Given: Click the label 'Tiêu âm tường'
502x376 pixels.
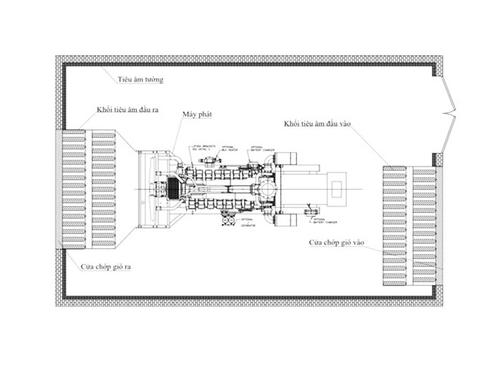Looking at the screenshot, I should click(x=141, y=80).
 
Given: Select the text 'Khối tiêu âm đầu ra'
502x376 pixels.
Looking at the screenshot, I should click(x=127, y=110).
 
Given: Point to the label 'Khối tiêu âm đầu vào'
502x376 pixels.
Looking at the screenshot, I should click(x=318, y=125).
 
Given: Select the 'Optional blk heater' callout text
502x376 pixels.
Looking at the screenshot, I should click(x=232, y=149).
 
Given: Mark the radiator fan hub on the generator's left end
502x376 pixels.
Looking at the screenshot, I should click(x=153, y=188).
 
